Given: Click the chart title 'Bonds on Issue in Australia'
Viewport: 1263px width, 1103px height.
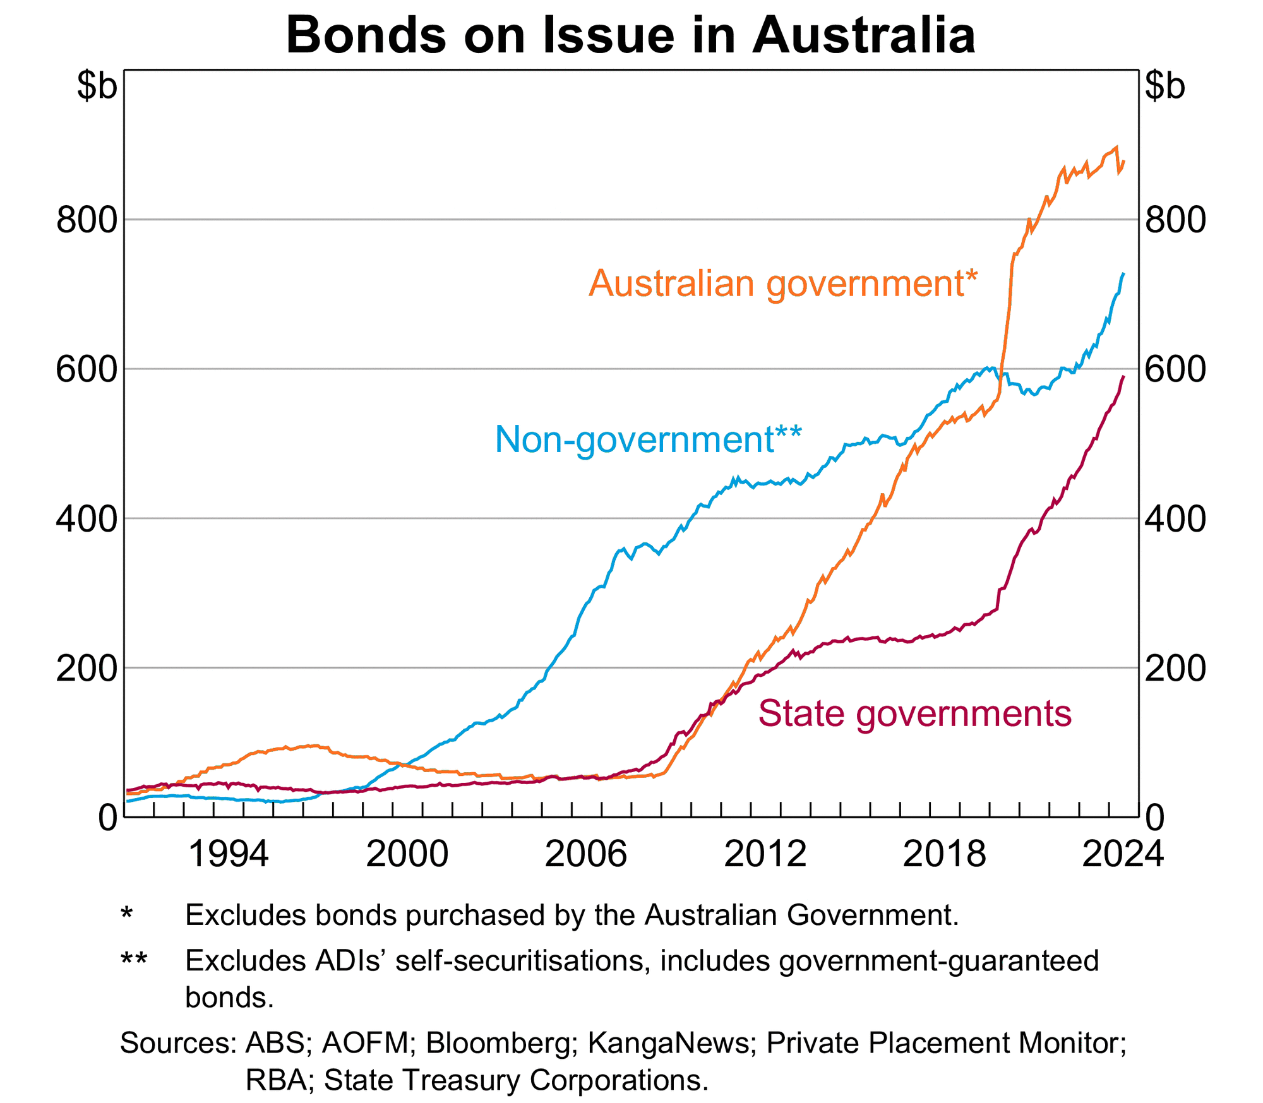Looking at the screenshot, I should [x=630, y=35].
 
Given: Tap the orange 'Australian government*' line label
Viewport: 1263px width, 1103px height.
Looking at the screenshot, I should [x=782, y=283].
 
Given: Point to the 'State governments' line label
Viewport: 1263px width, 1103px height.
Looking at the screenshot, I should [x=914, y=713].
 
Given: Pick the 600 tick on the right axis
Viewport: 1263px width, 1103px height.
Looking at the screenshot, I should [x=1175, y=369].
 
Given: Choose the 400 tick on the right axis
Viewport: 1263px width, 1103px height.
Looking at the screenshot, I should [x=1175, y=519].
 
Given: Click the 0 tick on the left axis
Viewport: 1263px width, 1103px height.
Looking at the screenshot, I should [x=108, y=818].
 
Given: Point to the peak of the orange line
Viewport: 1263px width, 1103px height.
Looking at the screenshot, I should [x=1116, y=147].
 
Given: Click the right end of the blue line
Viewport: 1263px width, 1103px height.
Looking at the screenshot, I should [x=1123, y=273].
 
